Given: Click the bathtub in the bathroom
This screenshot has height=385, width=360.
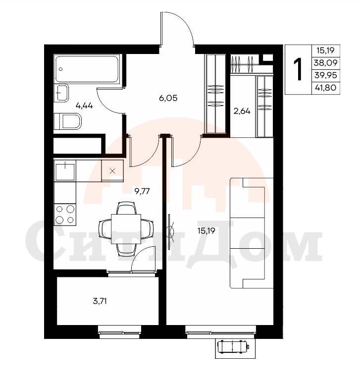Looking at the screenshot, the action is click(x=87, y=69).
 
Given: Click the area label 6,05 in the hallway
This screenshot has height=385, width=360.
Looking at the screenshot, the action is click(x=168, y=98).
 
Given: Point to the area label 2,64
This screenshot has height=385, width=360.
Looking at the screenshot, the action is click(x=242, y=111).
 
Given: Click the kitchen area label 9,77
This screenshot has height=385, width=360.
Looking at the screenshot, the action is click(x=142, y=191).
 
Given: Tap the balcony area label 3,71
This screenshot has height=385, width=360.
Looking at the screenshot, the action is click(x=100, y=301).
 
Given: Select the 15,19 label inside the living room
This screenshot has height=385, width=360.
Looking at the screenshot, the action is click(x=206, y=230).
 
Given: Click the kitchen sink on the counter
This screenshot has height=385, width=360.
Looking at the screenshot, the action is click(x=65, y=170).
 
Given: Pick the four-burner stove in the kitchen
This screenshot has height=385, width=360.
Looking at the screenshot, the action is click(x=65, y=215).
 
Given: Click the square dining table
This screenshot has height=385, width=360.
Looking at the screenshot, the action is click(x=126, y=229).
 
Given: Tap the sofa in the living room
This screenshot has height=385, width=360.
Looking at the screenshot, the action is click(x=252, y=233).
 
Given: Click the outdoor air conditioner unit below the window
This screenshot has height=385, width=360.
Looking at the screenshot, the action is click(x=234, y=347).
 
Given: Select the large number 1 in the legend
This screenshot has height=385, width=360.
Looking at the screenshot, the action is click(x=298, y=69).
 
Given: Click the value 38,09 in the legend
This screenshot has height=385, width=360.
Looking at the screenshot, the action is click(x=326, y=63).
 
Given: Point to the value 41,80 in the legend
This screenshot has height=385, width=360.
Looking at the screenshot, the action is click(x=326, y=87).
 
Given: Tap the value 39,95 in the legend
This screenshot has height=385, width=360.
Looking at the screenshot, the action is click(x=326, y=75).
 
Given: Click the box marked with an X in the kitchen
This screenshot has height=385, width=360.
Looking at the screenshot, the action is click(x=112, y=171).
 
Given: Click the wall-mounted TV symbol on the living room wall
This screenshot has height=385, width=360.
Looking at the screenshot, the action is click(x=170, y=231).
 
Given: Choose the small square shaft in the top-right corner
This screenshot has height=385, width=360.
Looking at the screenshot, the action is click(x=268, y=58).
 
